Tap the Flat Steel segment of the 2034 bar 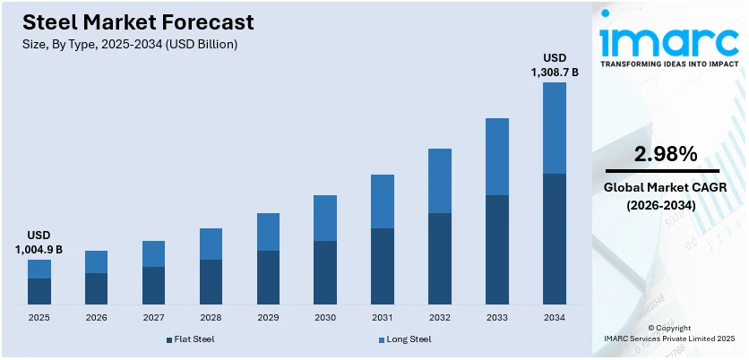555,238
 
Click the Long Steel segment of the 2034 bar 555,128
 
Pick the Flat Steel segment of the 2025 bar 39,291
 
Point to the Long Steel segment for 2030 325,218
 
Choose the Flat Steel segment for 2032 440,258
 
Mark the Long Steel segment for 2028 211,244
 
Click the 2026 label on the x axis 96,317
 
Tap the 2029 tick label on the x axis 268,317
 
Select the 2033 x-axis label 497,317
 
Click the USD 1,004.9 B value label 39,243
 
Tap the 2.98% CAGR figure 665,154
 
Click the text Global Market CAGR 665,187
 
